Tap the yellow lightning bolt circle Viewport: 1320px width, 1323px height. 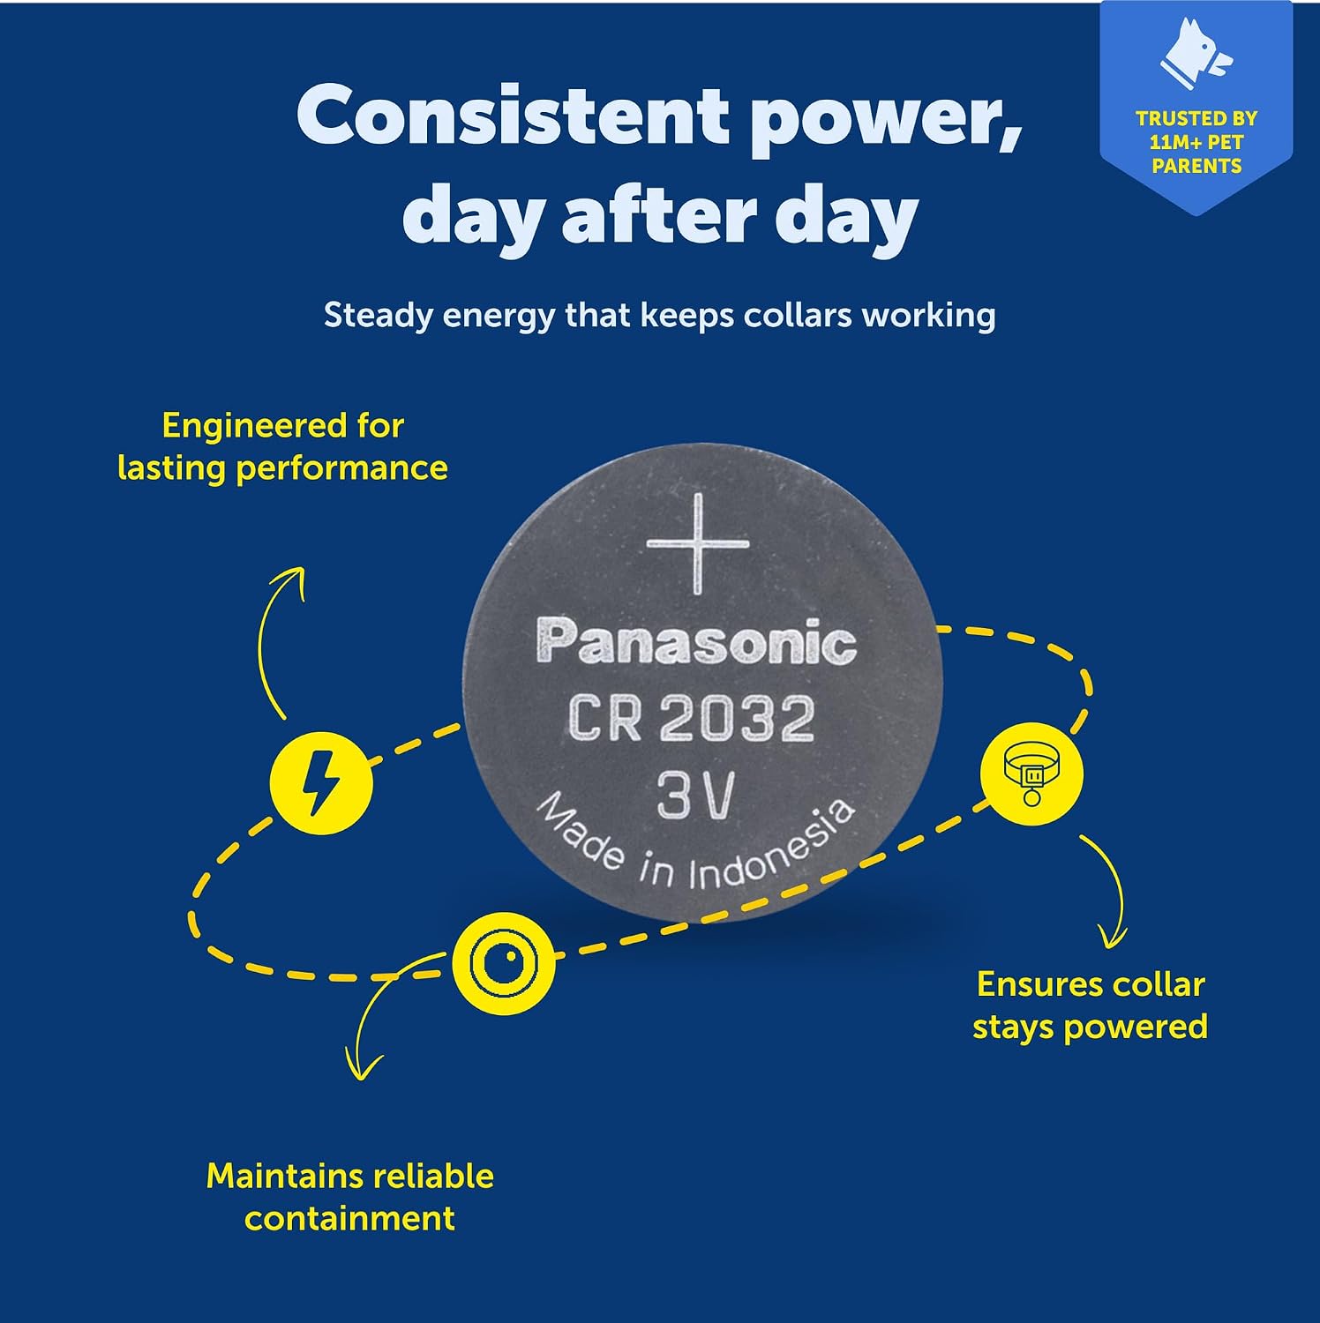(321, 782)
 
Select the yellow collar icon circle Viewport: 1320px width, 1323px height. (1031, 773)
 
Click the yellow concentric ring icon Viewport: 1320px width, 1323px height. (504, 963)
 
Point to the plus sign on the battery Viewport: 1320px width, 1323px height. (698, 542)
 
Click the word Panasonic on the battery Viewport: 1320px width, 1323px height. (696, 641)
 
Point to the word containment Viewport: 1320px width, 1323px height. (349, 1218)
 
